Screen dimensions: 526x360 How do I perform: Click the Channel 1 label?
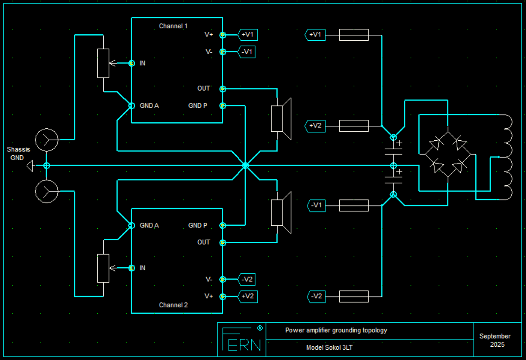pyautogui.click(x=173, y=26)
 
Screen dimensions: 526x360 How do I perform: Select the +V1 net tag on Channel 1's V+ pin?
pyautogui.click(x=248, y=35)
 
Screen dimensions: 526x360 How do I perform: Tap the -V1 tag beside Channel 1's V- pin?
pyautogui.click(x=247, y=52)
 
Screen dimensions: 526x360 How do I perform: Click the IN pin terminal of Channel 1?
pyautogui.click(x=132, y=63)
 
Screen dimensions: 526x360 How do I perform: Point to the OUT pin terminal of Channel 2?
pyautogui.click(x=223, y=242)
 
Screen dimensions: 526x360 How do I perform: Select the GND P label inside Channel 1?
pyautogui.click(x=198, y=106)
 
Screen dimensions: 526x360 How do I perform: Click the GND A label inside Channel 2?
pyautogui.click(x=149, y=225)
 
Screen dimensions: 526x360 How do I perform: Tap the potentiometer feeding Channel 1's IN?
pyautogui.click(x=103, y=63)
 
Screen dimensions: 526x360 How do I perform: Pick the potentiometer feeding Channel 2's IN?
pyautogui.click(x=103, y=268)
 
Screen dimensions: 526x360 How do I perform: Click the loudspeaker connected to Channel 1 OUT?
pyautogui.click(x=281, y=119)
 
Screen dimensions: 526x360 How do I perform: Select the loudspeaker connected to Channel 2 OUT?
pyautogui.click(x=281, y=212)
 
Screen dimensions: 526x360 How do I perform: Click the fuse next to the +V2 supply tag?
pyautogui.click(x=354, y=126)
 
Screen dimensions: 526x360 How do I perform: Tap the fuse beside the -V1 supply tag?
pyautogui.click(x=354, y=206)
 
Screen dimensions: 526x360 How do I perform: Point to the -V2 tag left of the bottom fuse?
pyautogui.click(x=316, y=296)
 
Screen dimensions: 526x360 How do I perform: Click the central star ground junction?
pyautogui.click(x=245, y=166)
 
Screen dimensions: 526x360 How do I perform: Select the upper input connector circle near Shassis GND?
pyautogui.click(x=47, y=140)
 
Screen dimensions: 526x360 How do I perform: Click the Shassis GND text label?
pyautogui.click(x=18, y=154)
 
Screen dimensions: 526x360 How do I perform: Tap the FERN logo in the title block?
pyautogui.click(x=242, y=339)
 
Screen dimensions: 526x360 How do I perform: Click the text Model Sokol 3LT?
pyautogui.click(x=330, y=348)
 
